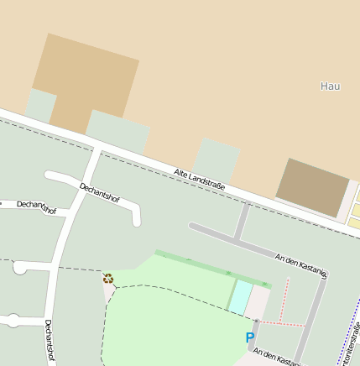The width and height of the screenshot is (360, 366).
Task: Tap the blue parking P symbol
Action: point(249,337)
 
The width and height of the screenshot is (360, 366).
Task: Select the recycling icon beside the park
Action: point(107,278)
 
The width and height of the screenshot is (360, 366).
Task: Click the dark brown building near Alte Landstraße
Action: point(312,186)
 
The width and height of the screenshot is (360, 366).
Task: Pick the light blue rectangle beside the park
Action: point(240,297)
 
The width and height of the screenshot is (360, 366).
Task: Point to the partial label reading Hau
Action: point(330,86)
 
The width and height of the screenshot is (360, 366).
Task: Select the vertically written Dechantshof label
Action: point(50,341)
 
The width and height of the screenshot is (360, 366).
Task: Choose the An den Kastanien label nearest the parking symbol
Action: point(277,358)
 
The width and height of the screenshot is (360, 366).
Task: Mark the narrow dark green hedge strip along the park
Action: point(210,268)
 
